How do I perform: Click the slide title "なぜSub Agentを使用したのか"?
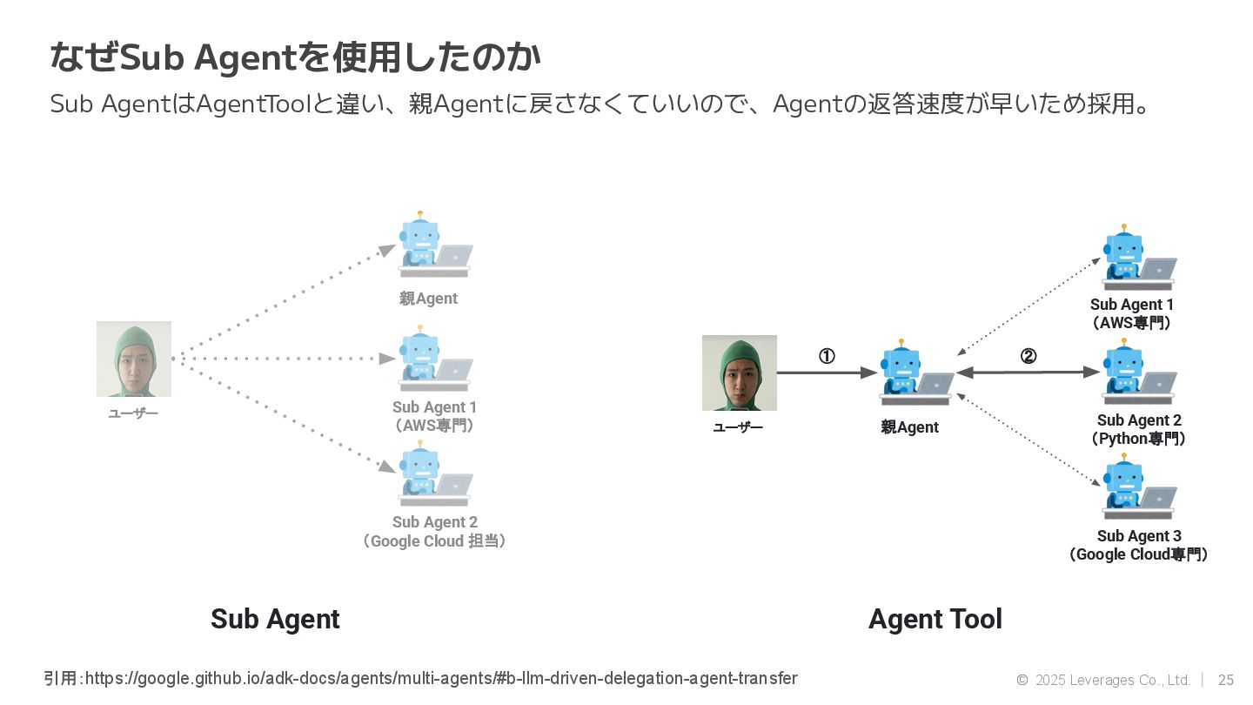[x=295, y=58]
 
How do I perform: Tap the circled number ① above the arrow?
[x=827, y=356]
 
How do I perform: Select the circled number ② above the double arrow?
[x=1029, y=356]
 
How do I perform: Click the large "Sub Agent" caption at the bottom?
[x=275, y=619]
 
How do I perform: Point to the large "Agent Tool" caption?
[x=935, y=619]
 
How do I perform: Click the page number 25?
[x=1226, y=680]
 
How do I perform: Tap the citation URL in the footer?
[x=441, y=678]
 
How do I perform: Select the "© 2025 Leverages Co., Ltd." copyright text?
[x=1102, y=680]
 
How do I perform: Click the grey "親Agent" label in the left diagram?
[x=428, y=299]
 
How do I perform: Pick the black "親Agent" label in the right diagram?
[x=909, y=427]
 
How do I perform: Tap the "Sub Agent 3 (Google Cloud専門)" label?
[x=1138, y=545]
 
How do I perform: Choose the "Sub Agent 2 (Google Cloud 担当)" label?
[x=434, y=532]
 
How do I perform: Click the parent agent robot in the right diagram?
[x=914, y=374]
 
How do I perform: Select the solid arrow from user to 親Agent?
[x=827, y=373]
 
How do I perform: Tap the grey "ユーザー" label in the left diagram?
[x=133, y=413]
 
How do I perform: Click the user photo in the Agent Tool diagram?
[x=739, y=373]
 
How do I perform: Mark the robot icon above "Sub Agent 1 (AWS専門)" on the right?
[x=1136, y=258]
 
